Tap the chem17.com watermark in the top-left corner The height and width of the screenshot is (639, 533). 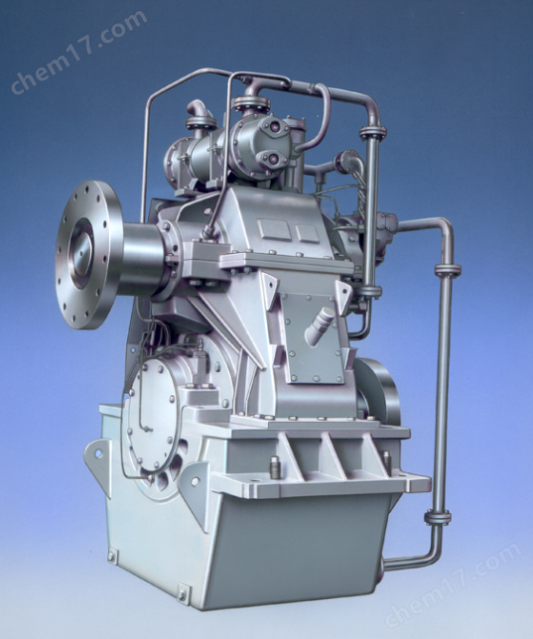click(x=78, y=52)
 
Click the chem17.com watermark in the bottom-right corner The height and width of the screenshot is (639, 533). click(x=453, y=583)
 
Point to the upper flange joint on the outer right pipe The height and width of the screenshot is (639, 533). click(x=448, y=270)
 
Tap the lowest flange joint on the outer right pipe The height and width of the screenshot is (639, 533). click(x=438, y=518)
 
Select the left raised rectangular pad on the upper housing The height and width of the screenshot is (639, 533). click(x=275, y=230)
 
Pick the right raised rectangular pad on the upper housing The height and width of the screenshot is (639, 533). click(x=308, y=233)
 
